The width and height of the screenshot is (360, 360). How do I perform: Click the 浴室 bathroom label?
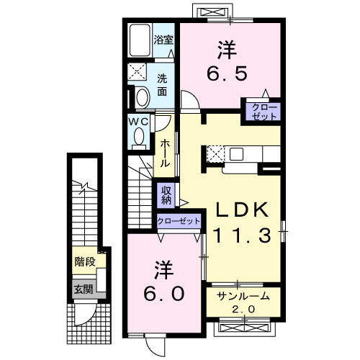[x=163, y=40]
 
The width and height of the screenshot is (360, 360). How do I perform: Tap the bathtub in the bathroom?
[x=140, y=40]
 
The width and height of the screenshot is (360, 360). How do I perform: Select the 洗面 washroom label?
[x=162, y=85]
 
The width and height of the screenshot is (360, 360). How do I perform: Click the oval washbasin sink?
[x=142, y=97]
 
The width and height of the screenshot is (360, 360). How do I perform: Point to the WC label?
[x=138, y=122]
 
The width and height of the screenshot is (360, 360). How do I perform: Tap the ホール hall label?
[x=165, y=153]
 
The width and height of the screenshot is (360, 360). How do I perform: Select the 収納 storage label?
[x=166, y=195]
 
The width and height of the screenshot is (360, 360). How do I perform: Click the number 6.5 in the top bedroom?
[x=227, y=73]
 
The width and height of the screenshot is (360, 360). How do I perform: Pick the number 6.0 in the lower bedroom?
[x=164, y=294]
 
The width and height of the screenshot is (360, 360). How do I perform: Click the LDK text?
[x=242, y=210]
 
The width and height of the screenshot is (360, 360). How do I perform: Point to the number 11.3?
[x=242, y=235]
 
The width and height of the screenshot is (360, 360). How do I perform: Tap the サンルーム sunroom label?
[x=243, y=297]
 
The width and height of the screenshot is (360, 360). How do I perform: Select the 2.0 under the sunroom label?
[x=243, y=310]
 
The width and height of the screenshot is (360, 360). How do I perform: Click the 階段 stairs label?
[x=85, y=261]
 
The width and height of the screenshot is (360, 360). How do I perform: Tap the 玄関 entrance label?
[x=83, y=289]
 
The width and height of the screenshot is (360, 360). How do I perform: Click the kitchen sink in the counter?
[x=236, y=154]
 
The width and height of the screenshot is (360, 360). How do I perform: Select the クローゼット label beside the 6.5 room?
[x=264, y=112]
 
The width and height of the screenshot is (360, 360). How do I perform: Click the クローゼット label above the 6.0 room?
[x=179, y=220]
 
